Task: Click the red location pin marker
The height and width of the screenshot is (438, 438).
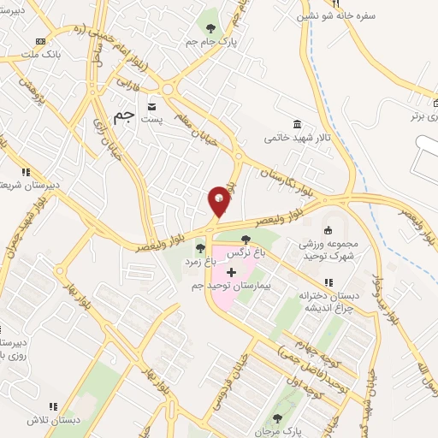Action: coord(219,200)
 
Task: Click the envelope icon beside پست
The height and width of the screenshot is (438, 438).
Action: coord(152,106)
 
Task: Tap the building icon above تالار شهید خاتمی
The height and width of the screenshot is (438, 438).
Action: coord(297,124)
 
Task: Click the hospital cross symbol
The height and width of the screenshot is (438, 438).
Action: coord(231,271)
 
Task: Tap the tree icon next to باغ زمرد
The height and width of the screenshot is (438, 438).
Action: coord(200,249)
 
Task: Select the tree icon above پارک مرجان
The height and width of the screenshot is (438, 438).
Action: coord(275,418)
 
